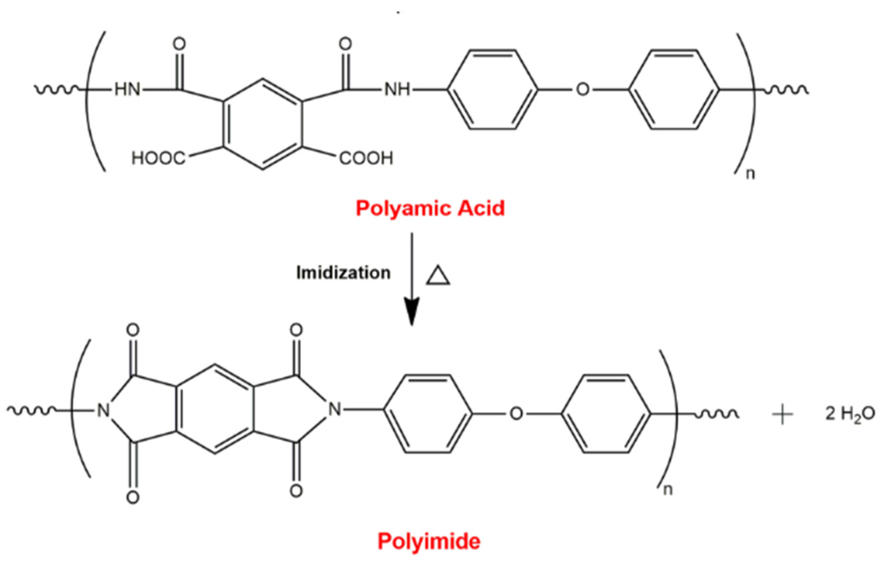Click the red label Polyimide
429,541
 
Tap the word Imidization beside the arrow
343,273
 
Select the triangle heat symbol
438,275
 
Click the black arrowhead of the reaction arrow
411,312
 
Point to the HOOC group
158,159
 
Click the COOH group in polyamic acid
366,159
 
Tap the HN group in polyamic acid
127,90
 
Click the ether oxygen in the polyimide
516,415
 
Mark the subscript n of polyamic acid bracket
750,175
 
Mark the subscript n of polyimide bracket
668,490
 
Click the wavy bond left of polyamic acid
59,89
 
